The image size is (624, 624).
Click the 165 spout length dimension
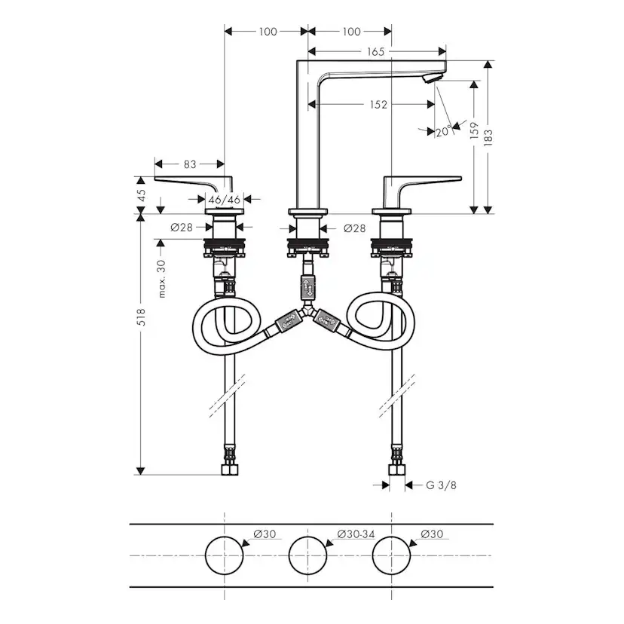378,52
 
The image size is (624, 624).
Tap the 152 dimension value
378,105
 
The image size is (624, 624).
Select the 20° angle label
444,132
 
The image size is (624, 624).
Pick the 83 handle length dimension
189,164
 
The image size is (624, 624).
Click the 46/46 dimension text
224,200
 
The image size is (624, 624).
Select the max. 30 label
161,279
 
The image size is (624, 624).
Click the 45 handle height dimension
141,195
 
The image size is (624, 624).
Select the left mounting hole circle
225,555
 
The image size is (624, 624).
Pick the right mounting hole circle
391,555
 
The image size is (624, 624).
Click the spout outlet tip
432,78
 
